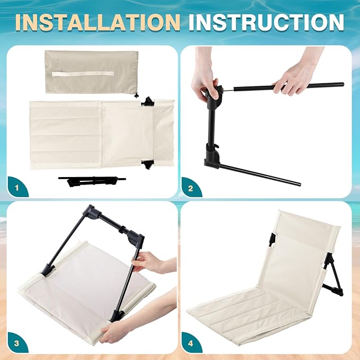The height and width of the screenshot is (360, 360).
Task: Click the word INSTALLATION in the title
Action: tap(98, 22)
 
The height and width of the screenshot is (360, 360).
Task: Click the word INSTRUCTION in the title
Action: tap(266, 22)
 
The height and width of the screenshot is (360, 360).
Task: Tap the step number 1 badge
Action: tap(16, 188)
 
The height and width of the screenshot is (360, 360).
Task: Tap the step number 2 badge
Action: tap(190, 189)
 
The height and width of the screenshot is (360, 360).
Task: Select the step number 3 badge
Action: tap(16, 344)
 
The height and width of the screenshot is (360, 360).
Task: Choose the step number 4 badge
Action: tap(190, 344)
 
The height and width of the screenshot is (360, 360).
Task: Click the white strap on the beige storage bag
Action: tap(83, 74)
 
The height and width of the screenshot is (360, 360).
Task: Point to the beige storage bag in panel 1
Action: tap(92, 72)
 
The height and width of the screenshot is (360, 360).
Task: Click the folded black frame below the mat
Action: tap(92, 181)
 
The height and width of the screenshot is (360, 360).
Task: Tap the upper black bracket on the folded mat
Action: tap(148, 101)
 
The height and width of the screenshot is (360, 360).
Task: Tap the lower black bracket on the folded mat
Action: tap(147, 164)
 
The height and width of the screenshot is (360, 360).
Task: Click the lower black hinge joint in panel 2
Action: tap(213, 156)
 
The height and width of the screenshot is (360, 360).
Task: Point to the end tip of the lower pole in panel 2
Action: tap(298, 184)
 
